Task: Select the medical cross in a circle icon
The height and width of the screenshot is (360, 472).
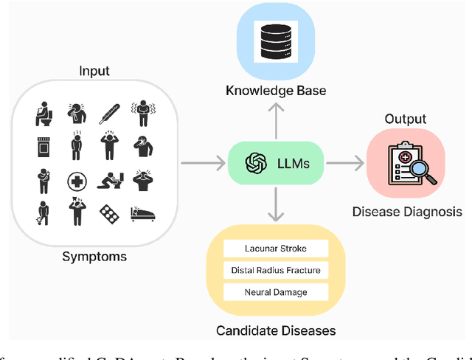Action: point(76,181)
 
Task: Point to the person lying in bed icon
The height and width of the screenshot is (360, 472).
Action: point(142,214)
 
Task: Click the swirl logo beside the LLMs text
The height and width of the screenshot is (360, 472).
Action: point(256,162)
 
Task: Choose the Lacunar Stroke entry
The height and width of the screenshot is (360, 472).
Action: point(275,249)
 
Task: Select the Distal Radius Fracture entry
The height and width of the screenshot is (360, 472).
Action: point(275,270)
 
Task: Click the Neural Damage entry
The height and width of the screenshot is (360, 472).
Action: point(275,292)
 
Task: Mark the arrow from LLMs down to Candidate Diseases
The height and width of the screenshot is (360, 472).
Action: point(275,204)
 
